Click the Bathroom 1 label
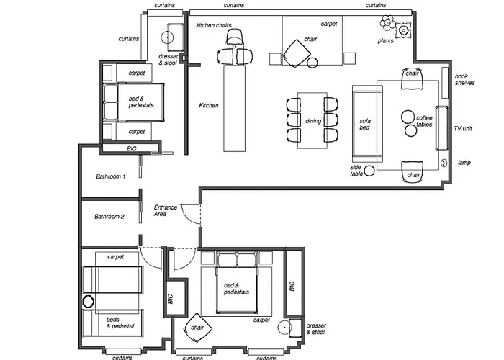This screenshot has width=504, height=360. [111, 176]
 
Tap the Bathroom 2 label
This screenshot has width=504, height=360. [109, 217]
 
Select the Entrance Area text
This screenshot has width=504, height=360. [165, 210]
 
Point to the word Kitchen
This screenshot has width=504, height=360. [209, 105]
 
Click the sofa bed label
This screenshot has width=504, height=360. [365, 124]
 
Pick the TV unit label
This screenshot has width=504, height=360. [463, 129]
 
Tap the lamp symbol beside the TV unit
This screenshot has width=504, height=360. [444, 163]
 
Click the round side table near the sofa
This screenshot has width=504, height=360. [369, 171]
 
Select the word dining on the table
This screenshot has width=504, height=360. [313, 121]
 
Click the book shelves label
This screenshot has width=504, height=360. [464, 79]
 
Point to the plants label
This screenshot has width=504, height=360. [385, 41]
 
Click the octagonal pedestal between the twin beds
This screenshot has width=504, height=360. [88, 302]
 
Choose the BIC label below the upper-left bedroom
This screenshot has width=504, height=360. [132, 148]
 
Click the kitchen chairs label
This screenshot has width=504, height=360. [214, 25]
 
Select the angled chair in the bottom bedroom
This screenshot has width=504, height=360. [198, 328]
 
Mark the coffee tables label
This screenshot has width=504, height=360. [424, 121]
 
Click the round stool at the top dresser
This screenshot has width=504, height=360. [167, 37]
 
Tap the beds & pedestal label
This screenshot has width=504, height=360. [120, 323]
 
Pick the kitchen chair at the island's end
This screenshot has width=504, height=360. [235, 36]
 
